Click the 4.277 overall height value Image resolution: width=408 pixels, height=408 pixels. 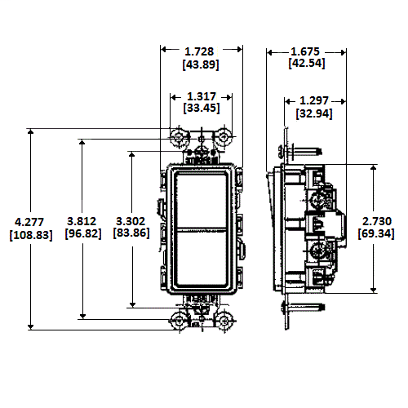[x=29, y=221]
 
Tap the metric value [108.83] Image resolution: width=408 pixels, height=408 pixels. [x=30, y=234]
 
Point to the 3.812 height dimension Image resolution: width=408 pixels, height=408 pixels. [x=82, y=221]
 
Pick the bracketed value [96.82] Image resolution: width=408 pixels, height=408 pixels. [x=82, y=234]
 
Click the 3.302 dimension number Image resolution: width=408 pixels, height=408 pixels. [x=132, y=221]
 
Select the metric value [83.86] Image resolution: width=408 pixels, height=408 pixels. [x=132, y=234]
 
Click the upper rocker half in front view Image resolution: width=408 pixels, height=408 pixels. [x=201, y=198]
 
